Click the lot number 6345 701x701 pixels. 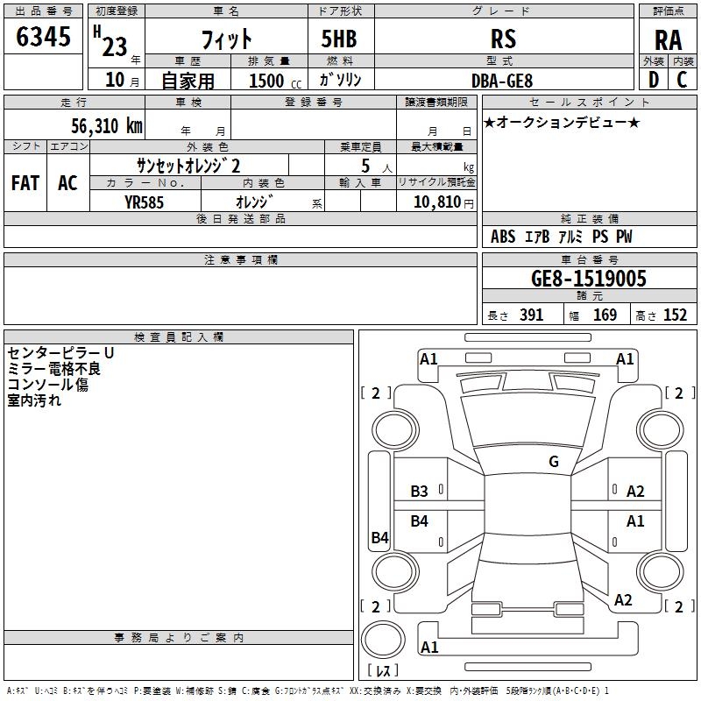43,38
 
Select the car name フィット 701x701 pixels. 226,39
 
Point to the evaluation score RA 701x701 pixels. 668,40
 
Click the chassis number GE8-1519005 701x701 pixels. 589,279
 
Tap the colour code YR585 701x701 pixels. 144,202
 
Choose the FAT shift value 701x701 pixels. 25,183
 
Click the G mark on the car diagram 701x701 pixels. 553,462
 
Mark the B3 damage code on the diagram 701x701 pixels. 420,492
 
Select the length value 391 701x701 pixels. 531,315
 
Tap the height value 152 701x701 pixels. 675,315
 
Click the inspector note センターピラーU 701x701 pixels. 60,352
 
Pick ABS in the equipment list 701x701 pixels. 503,237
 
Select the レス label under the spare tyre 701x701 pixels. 382,671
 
